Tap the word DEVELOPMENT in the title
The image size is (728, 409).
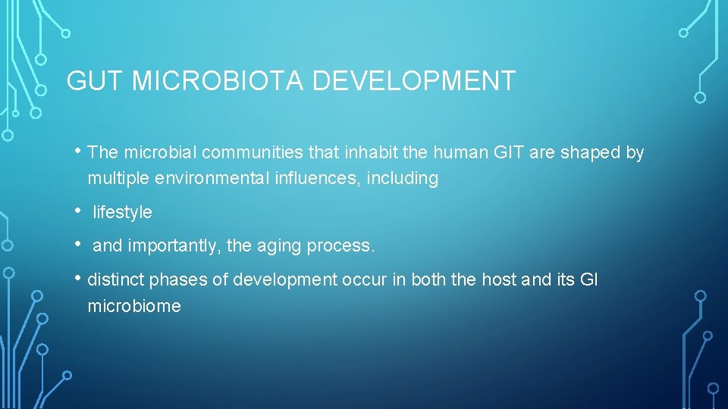(414, 81)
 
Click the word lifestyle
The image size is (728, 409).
(122, 213)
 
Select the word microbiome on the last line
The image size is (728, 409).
(134, 307)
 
